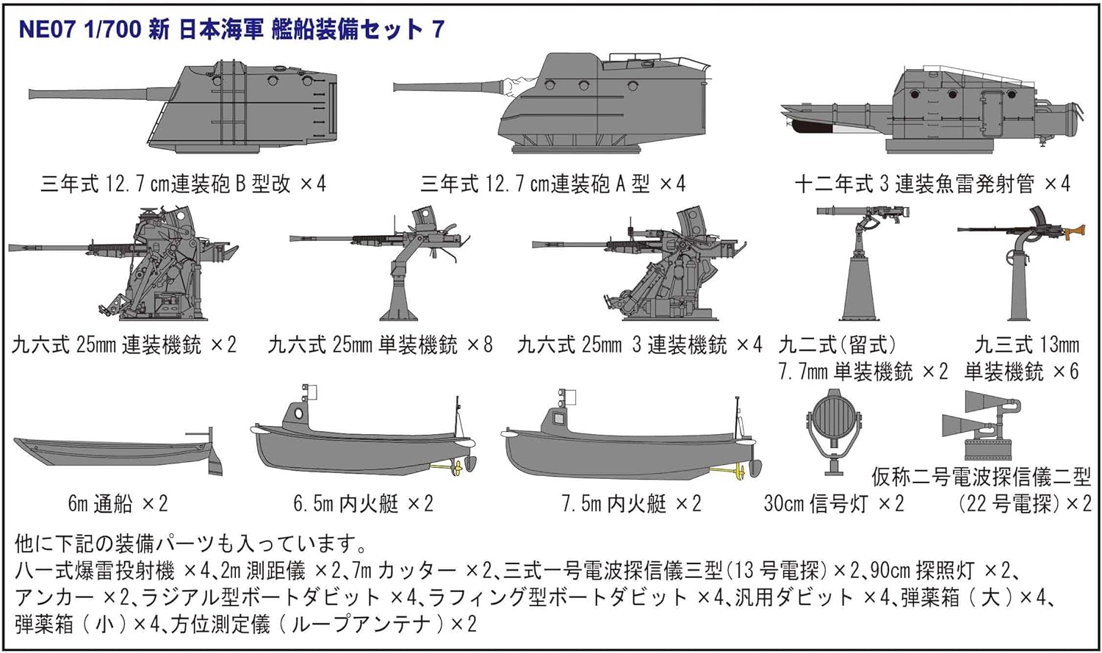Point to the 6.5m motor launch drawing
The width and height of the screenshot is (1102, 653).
(360, 444)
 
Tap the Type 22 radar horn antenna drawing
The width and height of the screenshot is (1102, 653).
(981, 422)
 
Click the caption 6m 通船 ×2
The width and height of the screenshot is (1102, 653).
(118, 504)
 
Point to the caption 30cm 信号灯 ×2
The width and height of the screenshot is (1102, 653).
(834, 504)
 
